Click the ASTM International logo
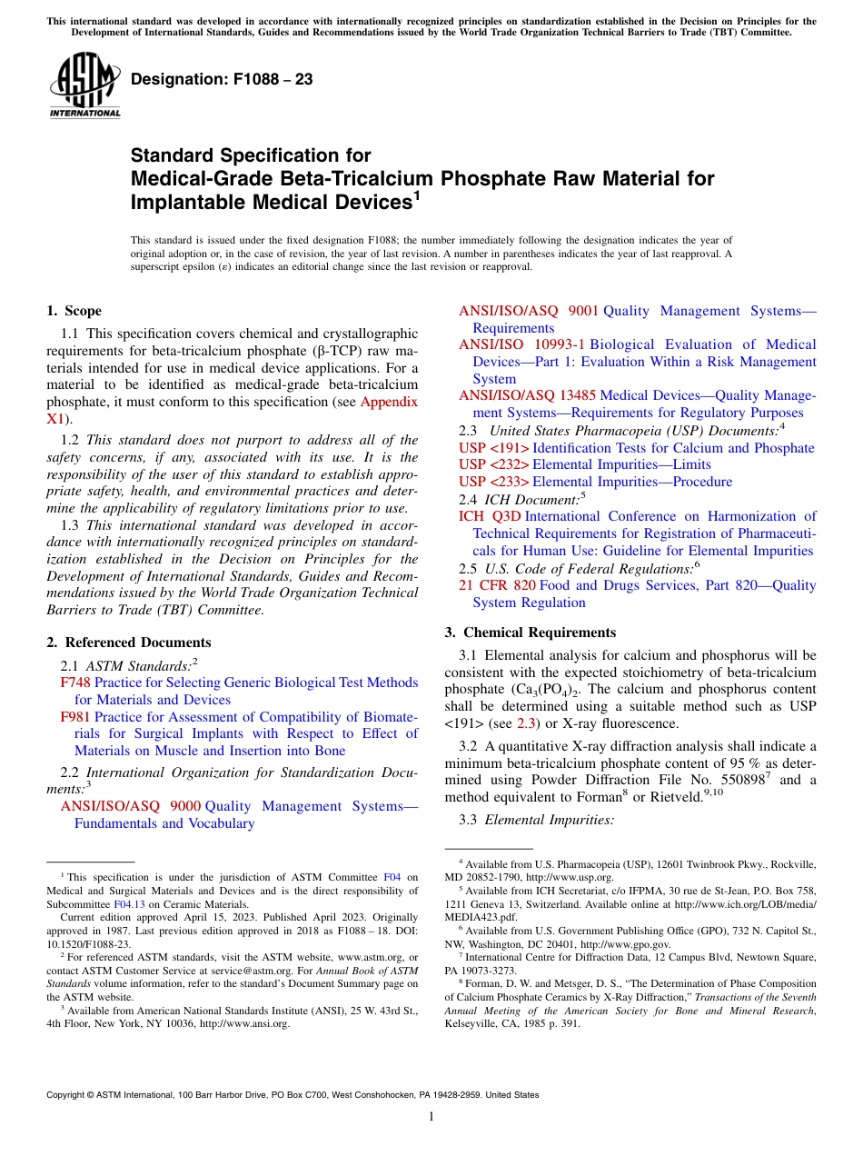(x=84, y=85)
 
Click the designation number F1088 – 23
(x=222, y=80)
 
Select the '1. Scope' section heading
(x=74, y=311)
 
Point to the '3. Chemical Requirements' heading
(x=530, y=633)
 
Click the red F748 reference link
(x=75, y=683)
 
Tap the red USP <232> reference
(x=494, y=464)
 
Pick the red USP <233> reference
(x=494, y=482)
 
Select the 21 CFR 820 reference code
(x=497, y=585)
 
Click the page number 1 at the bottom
(x=431, y=1117)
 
